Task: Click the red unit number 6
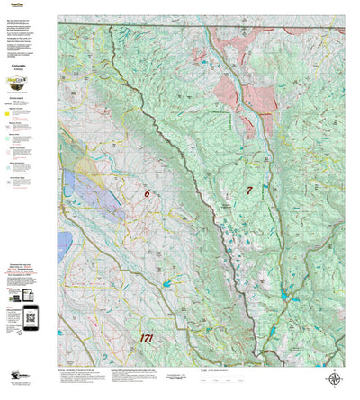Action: (147, 192)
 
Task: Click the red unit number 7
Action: (249, 190)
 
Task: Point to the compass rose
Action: (335, 379)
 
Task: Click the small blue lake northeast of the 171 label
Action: (167, 283)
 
